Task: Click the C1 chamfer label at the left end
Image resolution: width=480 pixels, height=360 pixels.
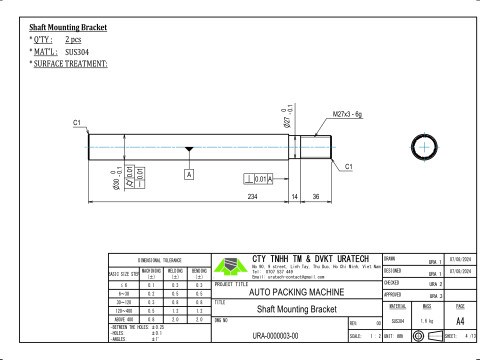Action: [77, 122]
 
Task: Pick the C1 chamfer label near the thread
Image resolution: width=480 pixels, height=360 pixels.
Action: [349, 166]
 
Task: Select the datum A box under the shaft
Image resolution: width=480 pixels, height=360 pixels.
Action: [188, 174]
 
